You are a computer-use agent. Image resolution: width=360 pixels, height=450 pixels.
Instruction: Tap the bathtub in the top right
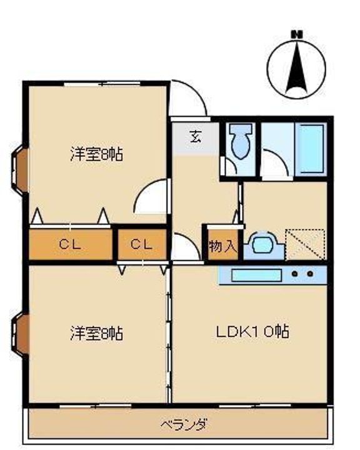click(311, 149)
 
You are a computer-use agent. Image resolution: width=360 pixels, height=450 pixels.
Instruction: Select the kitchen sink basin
click(256, 275)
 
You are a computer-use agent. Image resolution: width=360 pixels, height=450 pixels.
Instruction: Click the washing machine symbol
click(264, 246)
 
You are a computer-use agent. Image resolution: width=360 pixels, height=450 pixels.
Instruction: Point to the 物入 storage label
click(223, 246)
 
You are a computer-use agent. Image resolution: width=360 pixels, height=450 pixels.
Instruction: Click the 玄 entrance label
click(196, 137)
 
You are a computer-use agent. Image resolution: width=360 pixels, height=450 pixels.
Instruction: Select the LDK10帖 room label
click(252, 331)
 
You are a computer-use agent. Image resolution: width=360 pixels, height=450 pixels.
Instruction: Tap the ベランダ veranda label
click(184, 424)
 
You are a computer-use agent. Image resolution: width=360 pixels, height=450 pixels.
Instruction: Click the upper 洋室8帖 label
click(96, 154)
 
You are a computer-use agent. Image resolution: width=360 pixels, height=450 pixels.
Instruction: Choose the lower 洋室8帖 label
click(96, 333)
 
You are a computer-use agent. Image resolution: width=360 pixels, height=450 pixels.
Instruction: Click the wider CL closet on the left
click(71, 244)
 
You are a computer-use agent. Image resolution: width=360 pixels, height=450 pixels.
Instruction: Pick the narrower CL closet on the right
click(142, 244)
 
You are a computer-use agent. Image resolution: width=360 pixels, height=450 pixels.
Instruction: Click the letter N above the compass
click(296, 34)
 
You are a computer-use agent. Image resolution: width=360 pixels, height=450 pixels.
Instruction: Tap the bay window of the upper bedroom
click(19, 171)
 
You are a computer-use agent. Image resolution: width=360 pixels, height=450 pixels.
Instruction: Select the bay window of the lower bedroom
click(20, 334)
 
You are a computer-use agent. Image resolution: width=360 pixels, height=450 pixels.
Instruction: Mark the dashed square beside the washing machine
click(305, 244)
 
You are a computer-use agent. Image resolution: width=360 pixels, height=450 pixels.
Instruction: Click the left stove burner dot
click(294, 274)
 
